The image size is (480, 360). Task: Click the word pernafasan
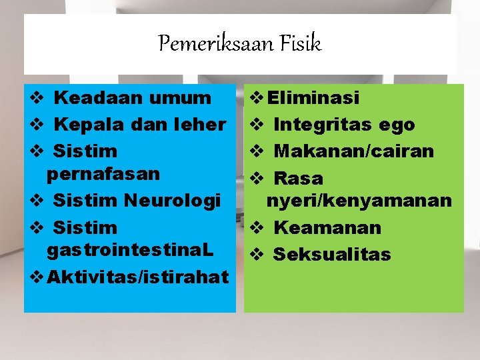coord(103,174)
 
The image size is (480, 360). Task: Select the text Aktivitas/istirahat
coord(137,276)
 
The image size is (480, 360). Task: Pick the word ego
coord(397,125)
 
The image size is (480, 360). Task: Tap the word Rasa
coord(298,179)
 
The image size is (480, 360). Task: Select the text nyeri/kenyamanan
coord(359,201)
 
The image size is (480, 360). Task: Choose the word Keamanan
coord(327,228)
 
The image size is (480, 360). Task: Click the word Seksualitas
coord(332,255)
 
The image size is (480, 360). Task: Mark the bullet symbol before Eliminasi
coord(256,99)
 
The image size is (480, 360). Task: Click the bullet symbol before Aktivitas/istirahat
coord(37,276)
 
